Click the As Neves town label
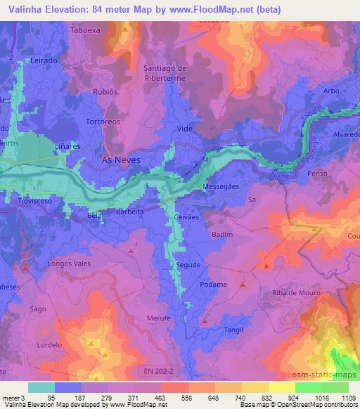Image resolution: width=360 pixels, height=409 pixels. pos(121,160)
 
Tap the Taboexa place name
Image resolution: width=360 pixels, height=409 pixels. pos(86,30)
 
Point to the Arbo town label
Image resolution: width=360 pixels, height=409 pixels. pos(333,90)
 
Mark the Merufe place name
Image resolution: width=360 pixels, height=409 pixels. pos(160,318)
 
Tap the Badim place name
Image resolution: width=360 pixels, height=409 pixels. pos(221,235)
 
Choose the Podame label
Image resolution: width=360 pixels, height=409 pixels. pos(213,285)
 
